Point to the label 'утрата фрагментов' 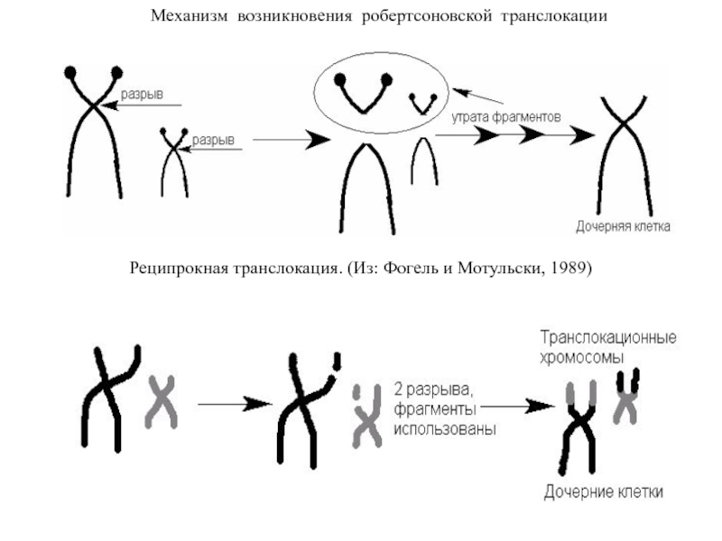point(506,116)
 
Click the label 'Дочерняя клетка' point(624,226)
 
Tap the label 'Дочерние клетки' point(604,491)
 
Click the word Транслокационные point(608,339)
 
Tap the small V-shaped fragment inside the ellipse point(422,102)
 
